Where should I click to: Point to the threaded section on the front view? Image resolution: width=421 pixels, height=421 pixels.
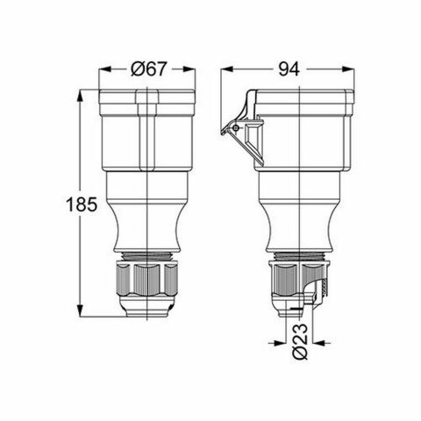tap(144, 258)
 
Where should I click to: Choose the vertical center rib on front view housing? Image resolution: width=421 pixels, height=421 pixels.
tap(144, 132)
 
